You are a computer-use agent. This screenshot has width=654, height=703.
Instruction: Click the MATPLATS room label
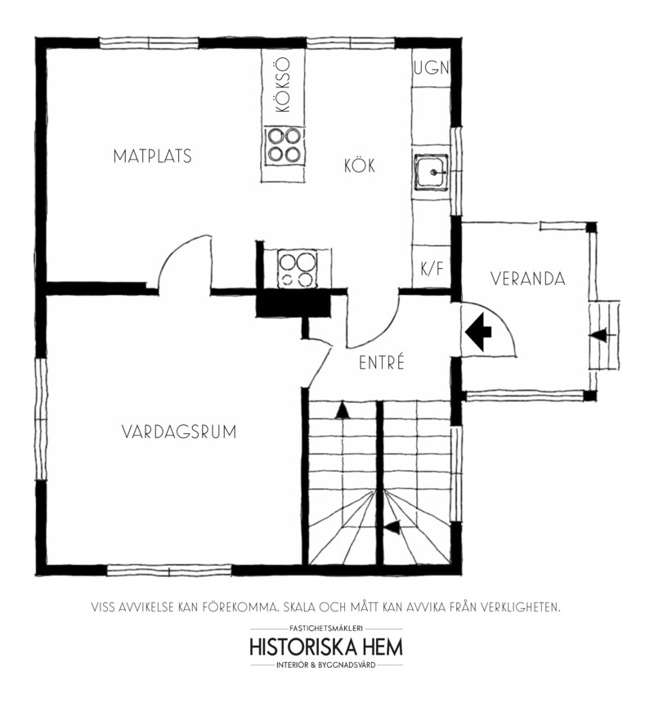(x=152, y=156)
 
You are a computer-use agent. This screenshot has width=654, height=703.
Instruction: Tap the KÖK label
(x=360, y=165)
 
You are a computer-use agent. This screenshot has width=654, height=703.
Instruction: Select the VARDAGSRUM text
(x=179, y=432)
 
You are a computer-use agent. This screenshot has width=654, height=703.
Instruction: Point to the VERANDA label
(x=527, y=279)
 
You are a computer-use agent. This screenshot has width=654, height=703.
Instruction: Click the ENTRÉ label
(x=382, y=361)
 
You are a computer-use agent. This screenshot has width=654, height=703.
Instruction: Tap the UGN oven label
(x=431, y=68)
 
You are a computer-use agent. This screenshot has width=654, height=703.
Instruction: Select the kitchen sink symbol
(x=431, y=172)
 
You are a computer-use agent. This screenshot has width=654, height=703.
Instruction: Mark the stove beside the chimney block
(x=297, y=269)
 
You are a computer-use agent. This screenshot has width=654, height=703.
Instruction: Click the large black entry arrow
(x=478, y=332)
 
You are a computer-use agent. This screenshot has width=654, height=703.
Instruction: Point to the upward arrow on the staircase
(x=342, y=410)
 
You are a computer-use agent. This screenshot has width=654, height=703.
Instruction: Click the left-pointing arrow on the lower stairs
(x=392, y=528)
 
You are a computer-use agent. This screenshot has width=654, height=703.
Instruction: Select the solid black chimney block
(x=293, y=306)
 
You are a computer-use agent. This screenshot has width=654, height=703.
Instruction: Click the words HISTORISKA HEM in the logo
(x=326, y=647)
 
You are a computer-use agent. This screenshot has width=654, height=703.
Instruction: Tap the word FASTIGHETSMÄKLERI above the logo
(x=326, y=629)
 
